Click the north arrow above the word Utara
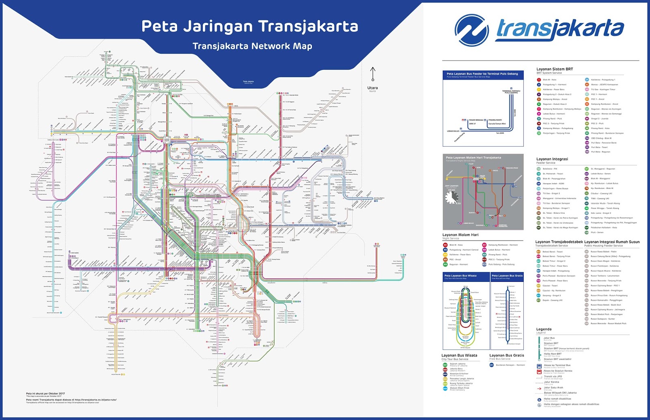[373, 75]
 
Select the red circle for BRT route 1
[539, 80]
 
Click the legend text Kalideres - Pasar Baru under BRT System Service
[553, 89]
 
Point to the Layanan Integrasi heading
[552, 159]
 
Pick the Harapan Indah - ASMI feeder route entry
[553, 184]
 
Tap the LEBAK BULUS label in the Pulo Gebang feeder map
[453, 131]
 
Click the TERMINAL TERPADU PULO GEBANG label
[511, 92]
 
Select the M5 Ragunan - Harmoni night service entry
[459, 264]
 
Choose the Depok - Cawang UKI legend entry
[552, 300]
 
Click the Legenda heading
[544, 329]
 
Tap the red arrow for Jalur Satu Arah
[539, 388]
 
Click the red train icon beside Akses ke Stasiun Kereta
[539, 371]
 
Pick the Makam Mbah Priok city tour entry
[459, 388]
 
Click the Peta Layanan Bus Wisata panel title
[460, 276]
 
